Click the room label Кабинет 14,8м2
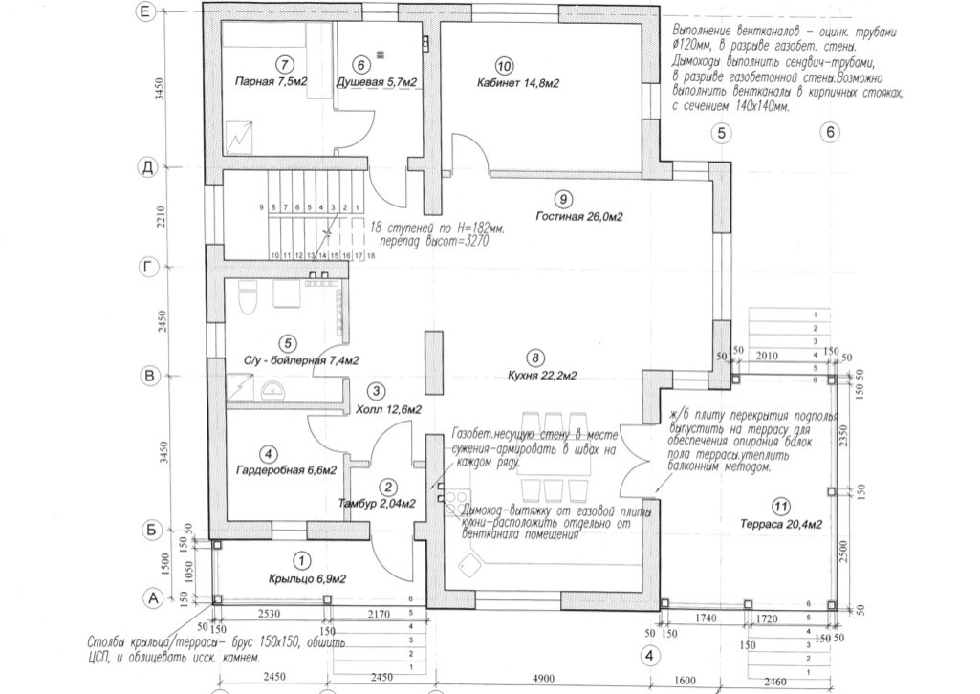(x=517, y=84)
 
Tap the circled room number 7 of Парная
(x=283, y=65)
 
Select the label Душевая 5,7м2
(x=378, y=84)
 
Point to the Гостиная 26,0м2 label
(x=578, y=217)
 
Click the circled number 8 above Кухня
(x=535, y=358)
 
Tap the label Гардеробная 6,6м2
(x=286, y=471)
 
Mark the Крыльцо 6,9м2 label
(x=307, y=579)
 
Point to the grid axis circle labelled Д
(x=147, y=168)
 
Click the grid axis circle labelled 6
(x=830, y=134)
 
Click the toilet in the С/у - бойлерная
(x=246, y=298)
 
